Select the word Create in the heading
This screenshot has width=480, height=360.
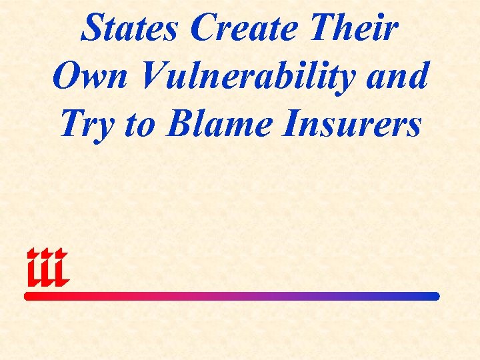242,29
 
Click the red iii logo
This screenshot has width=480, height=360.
47,267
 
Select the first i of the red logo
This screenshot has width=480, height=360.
33,267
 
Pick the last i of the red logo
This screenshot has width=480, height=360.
60,267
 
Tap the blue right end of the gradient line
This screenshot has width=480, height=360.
435,296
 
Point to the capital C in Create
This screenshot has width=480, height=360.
203,29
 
